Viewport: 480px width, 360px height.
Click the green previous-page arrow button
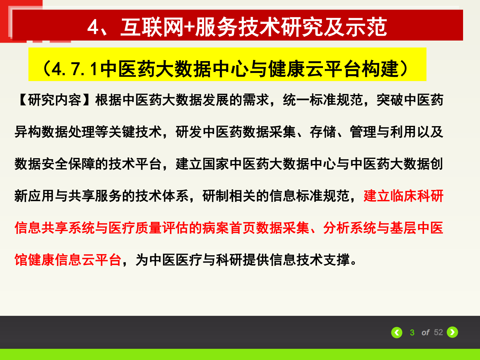[397, 332]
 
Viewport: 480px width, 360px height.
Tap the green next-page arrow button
[452, 332]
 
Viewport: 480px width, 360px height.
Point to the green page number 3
[412, 333]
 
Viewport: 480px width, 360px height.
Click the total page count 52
[438, 332]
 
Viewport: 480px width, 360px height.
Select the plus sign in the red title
[189, 27]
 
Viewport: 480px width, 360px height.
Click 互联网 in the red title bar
[152, 27]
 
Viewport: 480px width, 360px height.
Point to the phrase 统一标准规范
[323, 100]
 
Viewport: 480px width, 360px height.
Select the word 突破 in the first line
[390, 100]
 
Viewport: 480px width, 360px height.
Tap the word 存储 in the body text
[323, 132]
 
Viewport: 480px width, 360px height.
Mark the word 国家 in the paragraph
[216, 164]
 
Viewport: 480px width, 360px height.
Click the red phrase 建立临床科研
[403, 196]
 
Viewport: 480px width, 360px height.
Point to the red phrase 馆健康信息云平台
[68, 260]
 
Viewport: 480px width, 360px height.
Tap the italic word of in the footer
[425, 333]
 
